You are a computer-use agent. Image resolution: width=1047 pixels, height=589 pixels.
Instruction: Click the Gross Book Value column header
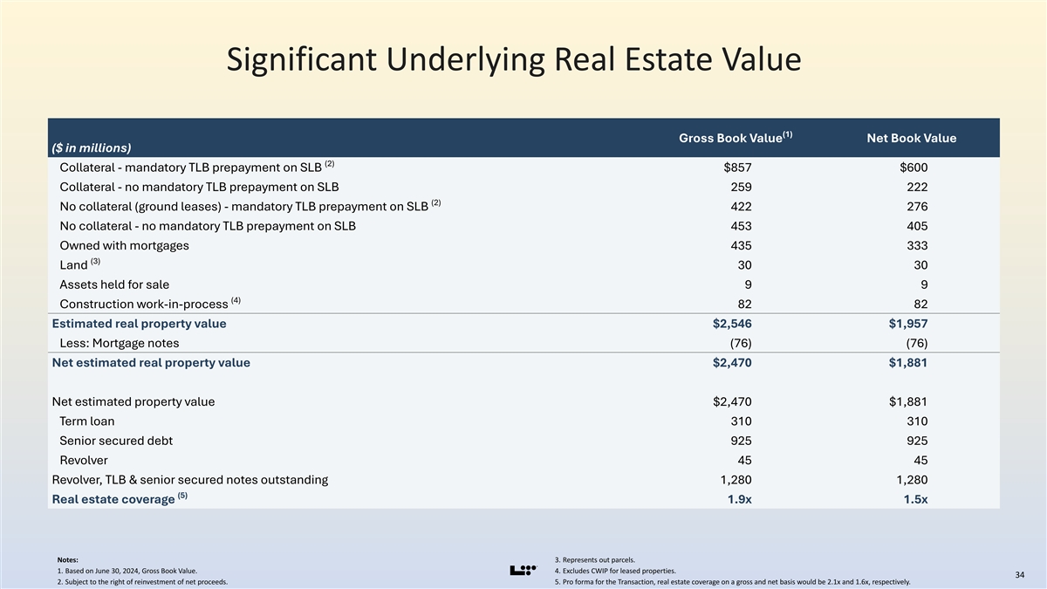(x=736, y=138)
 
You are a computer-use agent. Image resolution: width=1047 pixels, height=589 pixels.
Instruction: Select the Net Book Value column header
(x=912, y=138)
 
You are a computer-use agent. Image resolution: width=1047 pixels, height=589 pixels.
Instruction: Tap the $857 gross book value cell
(x=737, y=168)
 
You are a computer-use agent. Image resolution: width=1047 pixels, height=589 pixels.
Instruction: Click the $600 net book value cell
(x=914, y=168)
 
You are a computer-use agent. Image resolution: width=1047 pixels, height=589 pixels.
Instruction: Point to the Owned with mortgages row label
(x=124, y=245)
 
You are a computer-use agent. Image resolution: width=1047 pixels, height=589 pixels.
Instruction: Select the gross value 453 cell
(x=742, y=226)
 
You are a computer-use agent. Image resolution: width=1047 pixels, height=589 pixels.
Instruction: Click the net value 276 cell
(x=918, y=206)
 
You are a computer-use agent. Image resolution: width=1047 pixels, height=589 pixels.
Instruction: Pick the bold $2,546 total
(x=732, y=324)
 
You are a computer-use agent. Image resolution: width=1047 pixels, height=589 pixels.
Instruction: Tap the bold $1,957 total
(x=908, y=324)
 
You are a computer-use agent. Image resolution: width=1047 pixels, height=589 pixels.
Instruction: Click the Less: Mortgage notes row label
(x=120, y=343)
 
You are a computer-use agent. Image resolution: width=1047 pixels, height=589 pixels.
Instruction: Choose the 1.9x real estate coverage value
(x=740, y=499)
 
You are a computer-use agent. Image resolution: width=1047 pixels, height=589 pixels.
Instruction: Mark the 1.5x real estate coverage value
(x=915, y=499)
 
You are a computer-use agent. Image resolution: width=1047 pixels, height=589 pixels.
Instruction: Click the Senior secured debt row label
(x=116, y=441)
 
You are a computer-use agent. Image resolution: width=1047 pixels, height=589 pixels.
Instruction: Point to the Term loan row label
(x=87, y=421)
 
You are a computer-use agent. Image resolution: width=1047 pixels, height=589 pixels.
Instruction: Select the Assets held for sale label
(x=114, y=284)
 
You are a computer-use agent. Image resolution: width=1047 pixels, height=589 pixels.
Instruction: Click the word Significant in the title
(x=302, y=60)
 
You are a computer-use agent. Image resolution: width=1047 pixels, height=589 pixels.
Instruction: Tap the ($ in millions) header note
(x=91, y=147)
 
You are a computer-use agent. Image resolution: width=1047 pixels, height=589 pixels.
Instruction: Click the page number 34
(x=1019, y=574)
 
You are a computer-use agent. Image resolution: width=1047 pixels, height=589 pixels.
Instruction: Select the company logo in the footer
(x=523, y=571)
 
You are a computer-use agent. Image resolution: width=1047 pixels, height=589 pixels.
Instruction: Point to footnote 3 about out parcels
(x=594, y=559)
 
